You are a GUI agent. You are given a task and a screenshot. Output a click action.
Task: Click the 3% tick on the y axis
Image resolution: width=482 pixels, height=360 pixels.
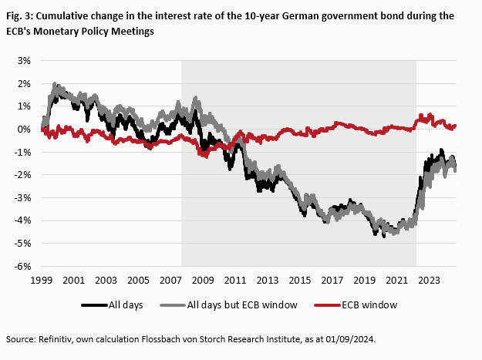24,60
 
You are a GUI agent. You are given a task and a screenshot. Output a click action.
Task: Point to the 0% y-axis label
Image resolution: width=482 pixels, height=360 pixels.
24,129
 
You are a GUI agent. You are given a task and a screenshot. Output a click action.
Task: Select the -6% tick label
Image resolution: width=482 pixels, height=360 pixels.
22,266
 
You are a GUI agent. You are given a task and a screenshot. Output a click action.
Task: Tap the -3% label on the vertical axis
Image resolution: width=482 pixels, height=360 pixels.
22,197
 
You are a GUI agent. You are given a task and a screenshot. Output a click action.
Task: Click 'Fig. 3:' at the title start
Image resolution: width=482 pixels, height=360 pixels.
20,15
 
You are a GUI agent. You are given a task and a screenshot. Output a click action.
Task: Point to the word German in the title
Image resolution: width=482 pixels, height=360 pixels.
275,15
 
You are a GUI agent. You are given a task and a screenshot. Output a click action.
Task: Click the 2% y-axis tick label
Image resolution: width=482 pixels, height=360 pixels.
24,83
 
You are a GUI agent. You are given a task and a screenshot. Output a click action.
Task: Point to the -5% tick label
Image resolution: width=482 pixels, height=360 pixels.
22,244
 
